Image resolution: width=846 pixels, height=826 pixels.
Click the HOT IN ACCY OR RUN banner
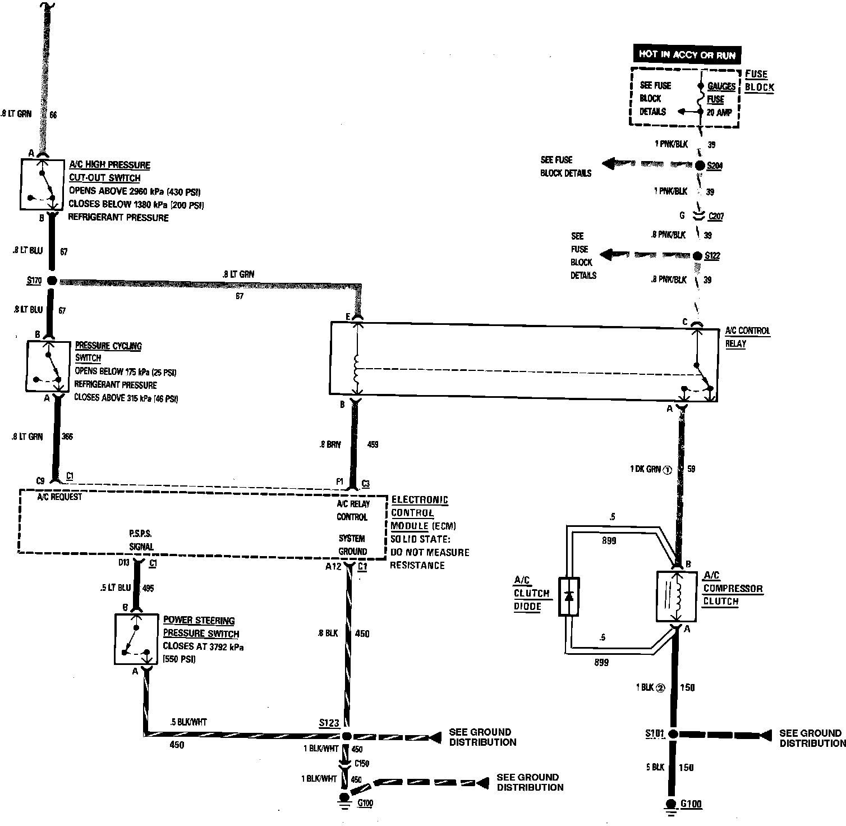687,54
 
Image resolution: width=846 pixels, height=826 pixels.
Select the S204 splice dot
700,166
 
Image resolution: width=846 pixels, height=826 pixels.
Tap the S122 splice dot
697,256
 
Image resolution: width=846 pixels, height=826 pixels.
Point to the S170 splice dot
52,280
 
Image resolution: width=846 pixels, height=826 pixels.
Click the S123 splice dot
347,736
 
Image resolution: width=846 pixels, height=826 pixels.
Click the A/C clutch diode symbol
569,596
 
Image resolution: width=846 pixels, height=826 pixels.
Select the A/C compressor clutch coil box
676,596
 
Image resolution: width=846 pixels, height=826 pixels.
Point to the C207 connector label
715,216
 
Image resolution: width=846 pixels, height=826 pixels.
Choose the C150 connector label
361,763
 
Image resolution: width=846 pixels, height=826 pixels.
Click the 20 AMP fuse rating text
719,112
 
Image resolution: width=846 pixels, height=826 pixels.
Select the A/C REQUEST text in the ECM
59,497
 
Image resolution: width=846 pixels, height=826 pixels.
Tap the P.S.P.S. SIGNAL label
141,540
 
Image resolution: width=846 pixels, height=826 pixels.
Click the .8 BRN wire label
330,444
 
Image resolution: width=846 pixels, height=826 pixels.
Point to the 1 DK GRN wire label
646,469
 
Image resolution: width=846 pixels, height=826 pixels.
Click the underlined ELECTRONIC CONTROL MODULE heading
420,513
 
